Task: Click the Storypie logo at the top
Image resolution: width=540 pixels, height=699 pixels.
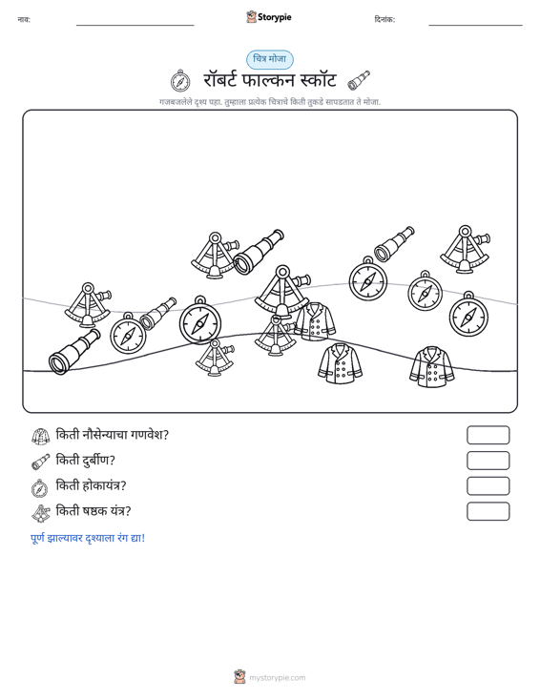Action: pyautogui.click(x=269, y=17)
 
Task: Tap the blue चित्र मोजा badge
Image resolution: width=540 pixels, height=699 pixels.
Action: pyautogui.click(x=270, y=59)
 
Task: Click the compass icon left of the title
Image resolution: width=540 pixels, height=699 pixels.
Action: pyautogui.click(x=180, y=81)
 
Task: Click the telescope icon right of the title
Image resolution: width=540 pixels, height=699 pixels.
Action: pyautogui.click(x=359, y=80)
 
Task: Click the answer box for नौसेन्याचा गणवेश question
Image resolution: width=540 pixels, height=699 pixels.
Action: pyautogui.click(x=488, y=435)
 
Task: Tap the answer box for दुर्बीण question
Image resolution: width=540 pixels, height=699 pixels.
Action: pyautogui.click(x=488, y=461)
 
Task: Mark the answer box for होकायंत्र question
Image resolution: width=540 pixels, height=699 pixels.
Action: pyautogui.click(x=488, y=486)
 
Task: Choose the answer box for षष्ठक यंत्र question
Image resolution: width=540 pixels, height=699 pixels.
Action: pyautogui.click(x=488, y=511)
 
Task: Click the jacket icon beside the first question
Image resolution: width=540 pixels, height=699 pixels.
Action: pyautogui.click(x=41, y=436)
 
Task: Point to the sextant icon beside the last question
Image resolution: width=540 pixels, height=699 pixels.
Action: pyautogui.click(x=41, y=513)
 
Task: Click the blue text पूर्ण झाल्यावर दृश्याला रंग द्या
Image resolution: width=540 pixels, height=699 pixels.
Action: pyautogui.click(x=88, y=538)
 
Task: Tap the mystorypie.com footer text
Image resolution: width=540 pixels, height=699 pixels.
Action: pyautogui.click(x=277, y=678)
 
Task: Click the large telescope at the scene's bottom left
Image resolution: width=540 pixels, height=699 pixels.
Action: pyautogui.click(x=74, y=352)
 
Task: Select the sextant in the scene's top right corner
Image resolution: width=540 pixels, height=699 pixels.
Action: pyautogui.click(x=465, y=249)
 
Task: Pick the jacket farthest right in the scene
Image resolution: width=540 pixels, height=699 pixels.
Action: pyautogui.click(x=431, y=366)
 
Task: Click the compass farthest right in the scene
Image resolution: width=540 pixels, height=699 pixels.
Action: pyautogui.click(x=468, y=315)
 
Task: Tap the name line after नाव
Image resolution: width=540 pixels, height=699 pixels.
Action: pyautogui.click(x=135, y=25)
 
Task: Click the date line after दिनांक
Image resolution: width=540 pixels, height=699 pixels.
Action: pyautogui.click(x=475, y=25)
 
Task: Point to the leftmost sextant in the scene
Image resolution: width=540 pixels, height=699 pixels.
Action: pyautogui.click(x=88, y=305)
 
